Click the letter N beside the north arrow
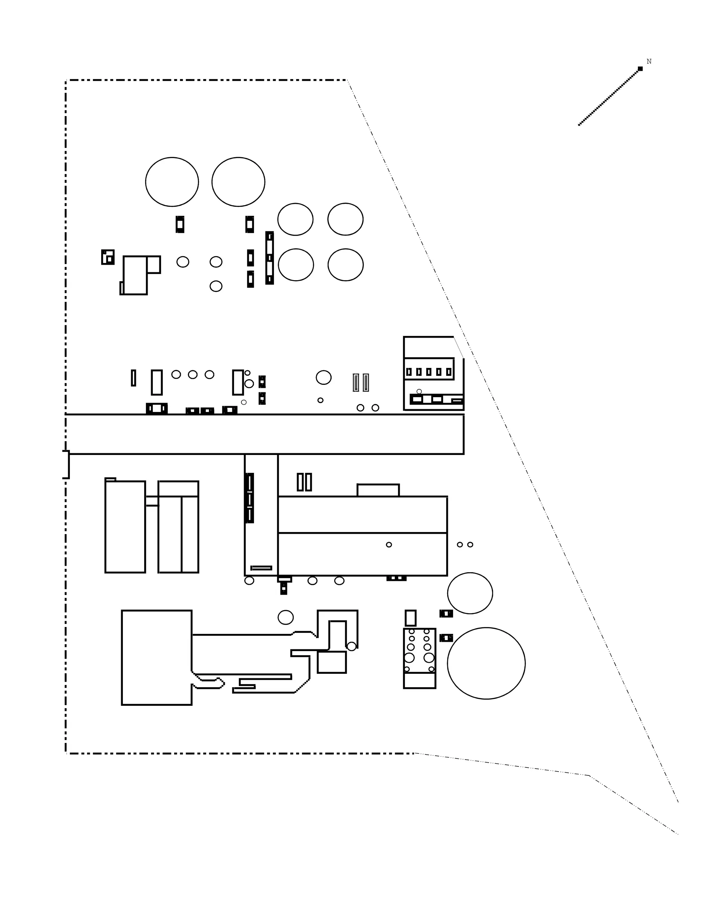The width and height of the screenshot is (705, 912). (649, 61)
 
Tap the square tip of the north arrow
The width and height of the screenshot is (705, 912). (640, 68)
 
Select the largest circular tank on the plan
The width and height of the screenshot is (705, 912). (486, 663)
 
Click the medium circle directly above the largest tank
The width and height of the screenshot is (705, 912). (470, 593)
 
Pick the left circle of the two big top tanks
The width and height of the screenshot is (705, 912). (172, 182)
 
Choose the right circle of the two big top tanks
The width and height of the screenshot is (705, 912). (238, 182)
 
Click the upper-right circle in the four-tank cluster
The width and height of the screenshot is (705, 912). (345, 219)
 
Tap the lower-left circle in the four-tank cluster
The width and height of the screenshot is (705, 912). (296, 265)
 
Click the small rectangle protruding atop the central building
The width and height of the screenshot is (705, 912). (378, 490)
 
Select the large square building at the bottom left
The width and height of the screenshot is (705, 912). (157, 658)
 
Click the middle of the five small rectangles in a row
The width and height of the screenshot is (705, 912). (429, 372)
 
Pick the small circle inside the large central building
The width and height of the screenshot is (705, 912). (389, 544)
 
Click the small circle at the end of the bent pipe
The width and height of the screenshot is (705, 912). (352, 646)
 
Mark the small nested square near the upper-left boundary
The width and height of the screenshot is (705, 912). (108, 257)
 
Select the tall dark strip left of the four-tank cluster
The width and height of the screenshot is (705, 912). (270, 258)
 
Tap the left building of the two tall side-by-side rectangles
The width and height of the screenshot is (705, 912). (125, 527)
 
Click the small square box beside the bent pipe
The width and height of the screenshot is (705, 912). (332, 662)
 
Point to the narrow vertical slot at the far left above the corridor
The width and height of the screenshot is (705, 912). (133, 378)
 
